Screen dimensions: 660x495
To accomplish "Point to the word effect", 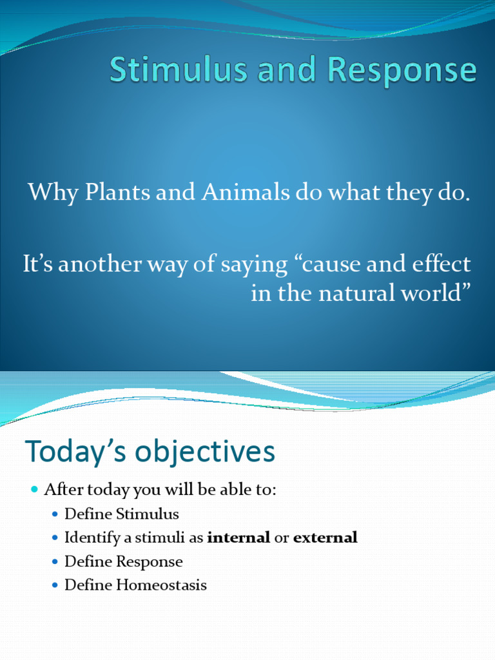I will pos(441,264).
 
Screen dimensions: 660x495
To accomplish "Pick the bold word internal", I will pos(238,538).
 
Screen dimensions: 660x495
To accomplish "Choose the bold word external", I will pos(325,538).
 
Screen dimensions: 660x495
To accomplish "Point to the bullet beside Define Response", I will pos(55,562).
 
